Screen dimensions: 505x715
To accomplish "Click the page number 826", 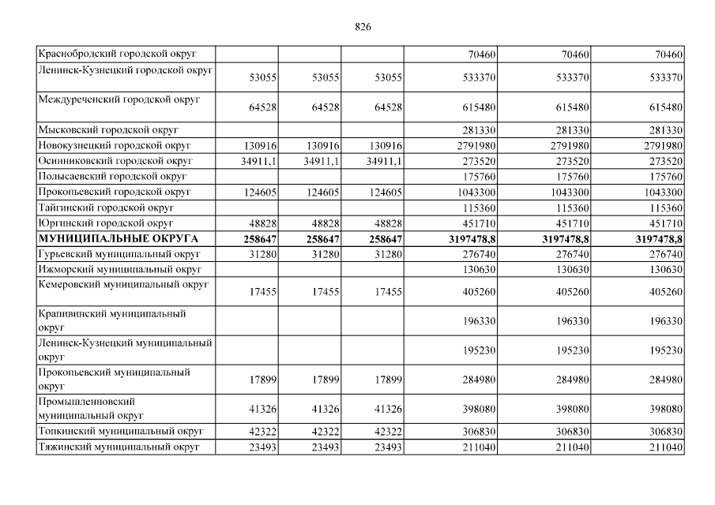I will pos(363,26).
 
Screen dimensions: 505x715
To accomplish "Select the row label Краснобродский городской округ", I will pos(117,54).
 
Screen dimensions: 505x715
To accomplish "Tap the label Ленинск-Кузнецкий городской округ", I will pos(126,70).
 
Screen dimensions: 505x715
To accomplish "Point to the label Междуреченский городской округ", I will pos(119,99).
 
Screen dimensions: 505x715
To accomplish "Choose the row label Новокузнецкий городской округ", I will pos(115,145).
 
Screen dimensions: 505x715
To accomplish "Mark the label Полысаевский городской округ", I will pos(111,175).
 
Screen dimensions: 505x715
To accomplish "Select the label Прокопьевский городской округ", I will pos(115,191).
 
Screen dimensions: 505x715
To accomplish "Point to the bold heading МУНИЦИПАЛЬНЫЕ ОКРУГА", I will pos(118,238).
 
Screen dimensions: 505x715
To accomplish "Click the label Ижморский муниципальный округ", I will pos(113,268).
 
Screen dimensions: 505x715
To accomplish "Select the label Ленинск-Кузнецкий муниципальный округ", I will pos(125,350).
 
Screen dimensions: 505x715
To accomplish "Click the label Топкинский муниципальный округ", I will pos(120,431).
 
